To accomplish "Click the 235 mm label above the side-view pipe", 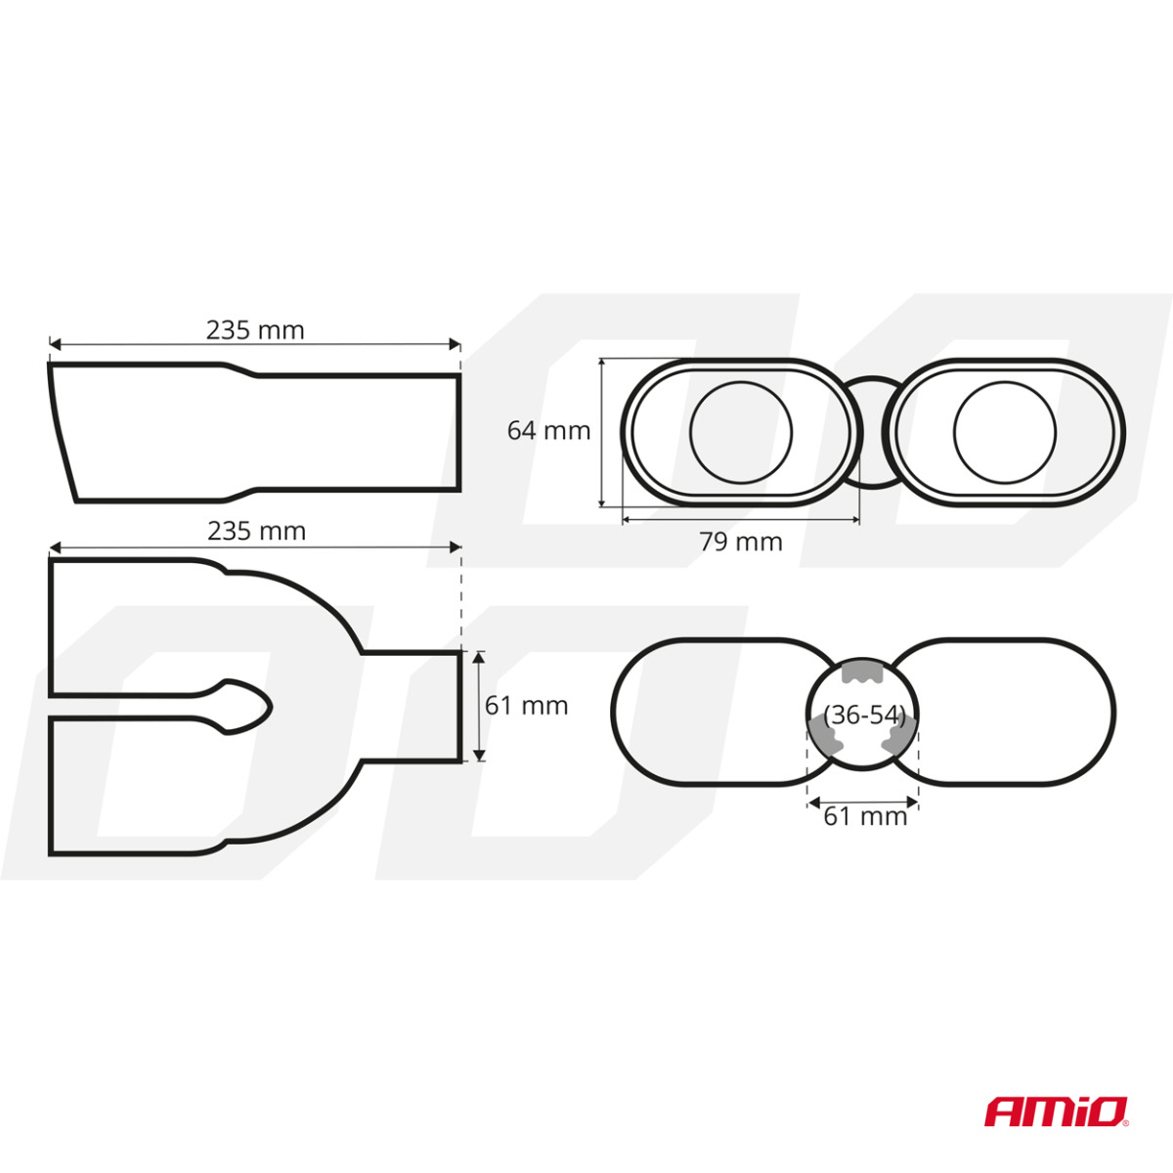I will [x=255, y=330].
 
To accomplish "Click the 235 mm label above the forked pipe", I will [x=256, y=531].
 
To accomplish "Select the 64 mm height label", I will [x=548, y=430].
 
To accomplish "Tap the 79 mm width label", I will [x=741, y=542].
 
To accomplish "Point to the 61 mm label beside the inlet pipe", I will [x=526, y=705].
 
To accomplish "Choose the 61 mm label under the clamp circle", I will [x=865, y=816].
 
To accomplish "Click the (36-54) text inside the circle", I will [x=864, y=715].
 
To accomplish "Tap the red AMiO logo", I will [x=1056, y=1111].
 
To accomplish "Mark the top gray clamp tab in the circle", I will [x=863, y=671].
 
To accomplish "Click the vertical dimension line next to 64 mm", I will [x=603, y=432].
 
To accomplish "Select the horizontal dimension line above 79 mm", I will [x=741, y=519].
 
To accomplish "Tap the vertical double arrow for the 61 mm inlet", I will [x=478, y=706].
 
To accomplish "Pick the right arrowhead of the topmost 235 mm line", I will [x=455, y=344].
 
